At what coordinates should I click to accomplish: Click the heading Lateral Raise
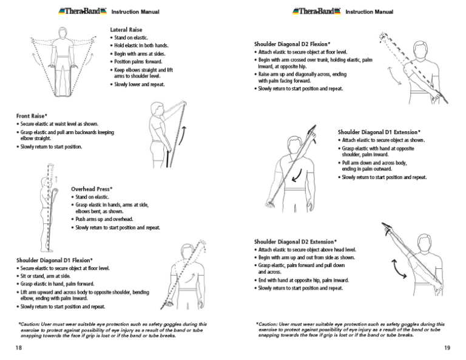click(127, 29)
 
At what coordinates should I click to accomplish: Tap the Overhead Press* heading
click(92, 189)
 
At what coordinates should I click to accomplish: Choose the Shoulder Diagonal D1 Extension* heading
click(379, 132)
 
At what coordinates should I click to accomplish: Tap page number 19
click(447, 348)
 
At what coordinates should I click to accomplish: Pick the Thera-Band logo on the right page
click(316, 10)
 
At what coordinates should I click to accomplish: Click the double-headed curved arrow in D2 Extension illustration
click(399, 267)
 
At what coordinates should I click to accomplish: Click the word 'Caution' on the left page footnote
click(30, 324)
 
